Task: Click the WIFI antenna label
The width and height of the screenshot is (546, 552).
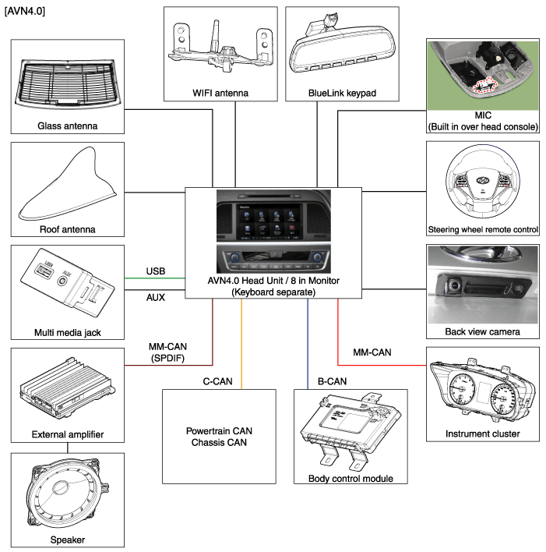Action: (x=220, y=94)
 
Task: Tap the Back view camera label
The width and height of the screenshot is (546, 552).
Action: (x=483, y=332)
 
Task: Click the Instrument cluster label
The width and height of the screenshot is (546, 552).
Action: (x=483, y=433)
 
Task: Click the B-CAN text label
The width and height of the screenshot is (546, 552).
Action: (x=332, y=381)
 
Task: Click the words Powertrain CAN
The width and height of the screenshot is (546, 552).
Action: (x=220, y=431)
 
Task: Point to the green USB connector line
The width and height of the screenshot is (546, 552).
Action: (x=155, y=278)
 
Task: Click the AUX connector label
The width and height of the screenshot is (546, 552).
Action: (x=155, y=298)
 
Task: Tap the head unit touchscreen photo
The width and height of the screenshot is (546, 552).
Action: (x=273, y=215)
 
